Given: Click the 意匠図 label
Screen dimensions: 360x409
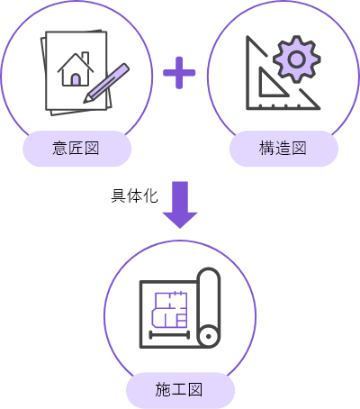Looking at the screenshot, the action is point(76,149).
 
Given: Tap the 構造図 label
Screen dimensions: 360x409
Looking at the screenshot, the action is point(283,149).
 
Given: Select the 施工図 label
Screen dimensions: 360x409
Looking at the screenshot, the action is point(179,390).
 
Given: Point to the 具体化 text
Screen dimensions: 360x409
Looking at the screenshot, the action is point(134,196).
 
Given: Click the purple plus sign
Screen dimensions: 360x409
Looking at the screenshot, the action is point(179,73).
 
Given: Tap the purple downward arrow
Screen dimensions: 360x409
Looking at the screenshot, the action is point(180,204).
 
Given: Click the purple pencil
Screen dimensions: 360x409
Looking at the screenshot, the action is point(106,83).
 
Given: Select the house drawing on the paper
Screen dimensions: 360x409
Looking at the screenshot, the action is point(76,69).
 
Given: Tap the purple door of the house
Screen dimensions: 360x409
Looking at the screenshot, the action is point(76,79).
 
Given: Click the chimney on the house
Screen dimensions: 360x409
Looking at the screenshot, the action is point(85,58).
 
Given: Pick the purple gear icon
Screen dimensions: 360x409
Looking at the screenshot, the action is point(297,59).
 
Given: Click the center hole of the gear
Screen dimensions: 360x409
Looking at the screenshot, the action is point(297,59).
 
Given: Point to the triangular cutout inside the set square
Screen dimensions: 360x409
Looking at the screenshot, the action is point(271,84).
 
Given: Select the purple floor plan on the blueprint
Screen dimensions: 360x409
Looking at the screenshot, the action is point(169,310).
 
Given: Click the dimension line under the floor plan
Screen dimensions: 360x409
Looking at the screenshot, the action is point(169,334).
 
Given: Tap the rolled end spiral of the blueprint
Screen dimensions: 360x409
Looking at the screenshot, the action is point(209,336).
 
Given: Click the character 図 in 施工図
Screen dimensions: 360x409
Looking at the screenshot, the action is point(195,390).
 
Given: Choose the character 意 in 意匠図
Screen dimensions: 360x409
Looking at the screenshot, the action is point(59,149).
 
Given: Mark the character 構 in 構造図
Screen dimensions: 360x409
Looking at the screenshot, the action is point(266,149).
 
